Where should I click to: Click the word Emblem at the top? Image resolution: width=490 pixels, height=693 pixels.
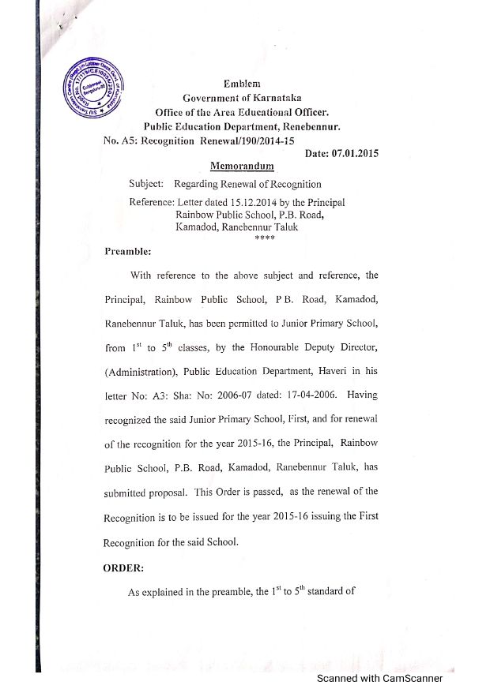point(243,84)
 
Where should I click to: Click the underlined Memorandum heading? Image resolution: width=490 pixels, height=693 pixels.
point(242,167)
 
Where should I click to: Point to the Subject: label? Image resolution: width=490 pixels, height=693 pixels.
point(146,184)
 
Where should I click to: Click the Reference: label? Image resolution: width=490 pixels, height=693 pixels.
point(151,203)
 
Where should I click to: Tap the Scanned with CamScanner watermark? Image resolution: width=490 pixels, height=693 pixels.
point(379,678)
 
